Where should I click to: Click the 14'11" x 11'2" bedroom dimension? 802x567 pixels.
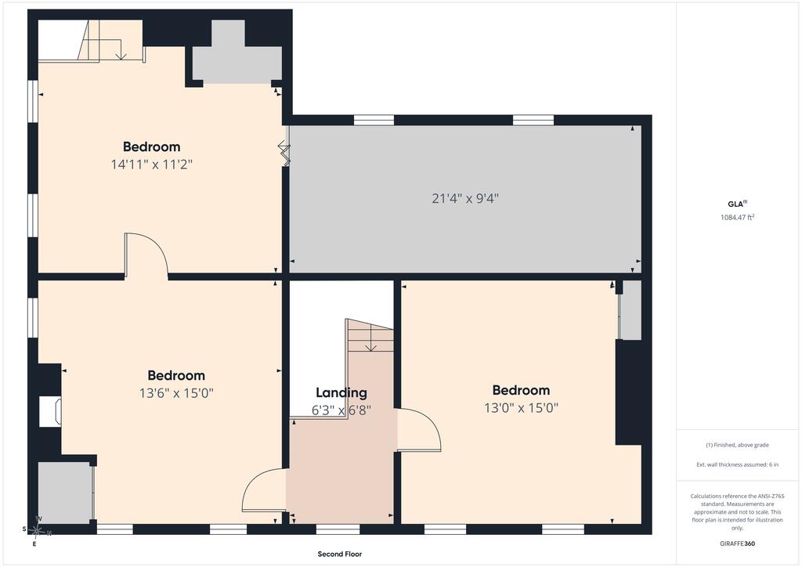click(x=151, y=164)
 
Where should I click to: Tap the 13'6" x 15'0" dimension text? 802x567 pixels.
click(x=176, y=393)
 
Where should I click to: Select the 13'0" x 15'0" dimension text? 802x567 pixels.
click(x=521, y=408)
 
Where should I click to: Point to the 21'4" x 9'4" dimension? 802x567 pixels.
click(x=465, y=198)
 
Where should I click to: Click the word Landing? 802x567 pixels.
click(x=341, y=392)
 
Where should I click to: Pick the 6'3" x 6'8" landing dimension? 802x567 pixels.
click(x=341, y=410)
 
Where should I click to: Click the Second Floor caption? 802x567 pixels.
click(x=340, y=554)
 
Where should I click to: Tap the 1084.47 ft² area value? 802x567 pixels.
click(x=738, y=217)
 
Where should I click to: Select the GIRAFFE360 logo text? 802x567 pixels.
click(x=737, y=544)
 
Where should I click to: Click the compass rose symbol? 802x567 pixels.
click(x=37, y=531)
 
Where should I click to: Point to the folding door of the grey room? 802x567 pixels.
click(x=284, y=154)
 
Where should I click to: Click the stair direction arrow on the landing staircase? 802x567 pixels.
click(x=370, y=338)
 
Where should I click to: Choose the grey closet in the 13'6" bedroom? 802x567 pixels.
click(x=65, y=493)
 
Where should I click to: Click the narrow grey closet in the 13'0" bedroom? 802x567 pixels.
click(x=630, y=310)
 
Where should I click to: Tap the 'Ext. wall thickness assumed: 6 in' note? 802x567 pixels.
click(x=737, y=464)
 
